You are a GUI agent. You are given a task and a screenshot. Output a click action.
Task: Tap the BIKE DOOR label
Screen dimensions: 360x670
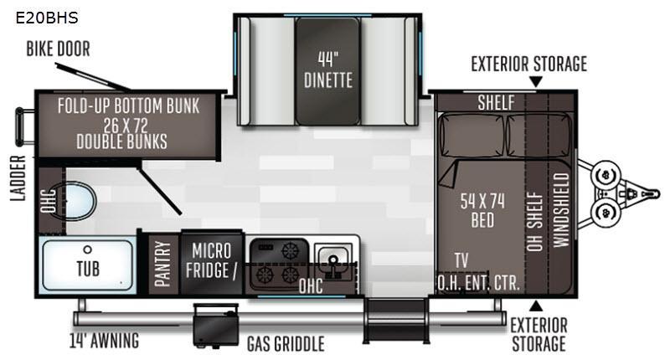[57, 49]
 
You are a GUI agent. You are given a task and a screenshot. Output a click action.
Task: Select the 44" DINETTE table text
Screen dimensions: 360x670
[327, 69]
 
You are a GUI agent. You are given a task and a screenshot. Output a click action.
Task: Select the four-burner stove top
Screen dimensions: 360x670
[278, 262]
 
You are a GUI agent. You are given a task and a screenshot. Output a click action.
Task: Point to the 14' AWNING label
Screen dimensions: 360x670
[104, 341]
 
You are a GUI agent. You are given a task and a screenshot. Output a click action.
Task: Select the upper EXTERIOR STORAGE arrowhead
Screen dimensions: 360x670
[536, 81]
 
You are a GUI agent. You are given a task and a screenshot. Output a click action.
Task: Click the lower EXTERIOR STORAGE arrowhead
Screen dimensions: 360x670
[536, 304]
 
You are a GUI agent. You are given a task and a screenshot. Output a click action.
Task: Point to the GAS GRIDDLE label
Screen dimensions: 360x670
[285, 343]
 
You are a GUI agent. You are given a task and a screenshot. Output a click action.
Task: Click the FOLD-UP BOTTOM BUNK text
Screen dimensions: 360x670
[128, 106]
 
